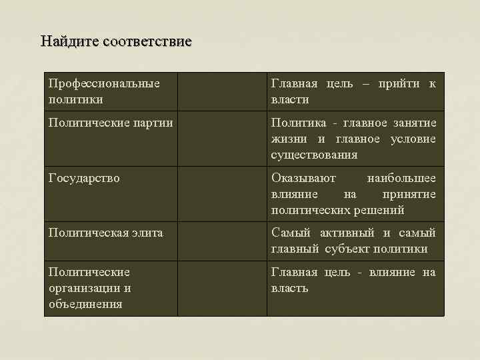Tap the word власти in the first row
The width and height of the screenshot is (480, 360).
[290, 99]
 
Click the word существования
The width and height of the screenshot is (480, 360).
[314, 155]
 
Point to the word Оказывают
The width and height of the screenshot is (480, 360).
[303, 178]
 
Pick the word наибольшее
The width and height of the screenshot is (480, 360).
[401, 178]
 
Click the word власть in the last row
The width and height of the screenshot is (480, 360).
[289, 288]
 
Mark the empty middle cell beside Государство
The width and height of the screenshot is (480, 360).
[222, 193]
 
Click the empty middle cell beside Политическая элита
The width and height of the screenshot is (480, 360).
[222, 240]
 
